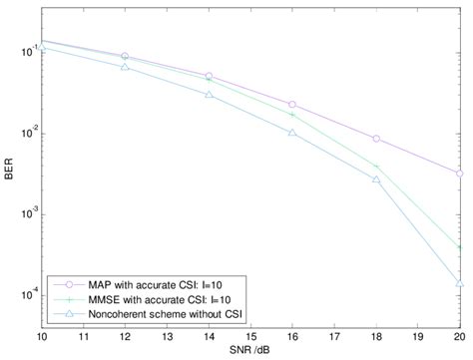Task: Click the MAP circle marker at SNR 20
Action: [x=460, y=174]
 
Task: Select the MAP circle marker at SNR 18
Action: [x=376, y=139]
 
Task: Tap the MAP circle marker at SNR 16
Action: [x=292, y=105]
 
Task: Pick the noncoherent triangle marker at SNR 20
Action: [x=460, y=283]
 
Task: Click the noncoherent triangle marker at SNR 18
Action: [x=376, y=180]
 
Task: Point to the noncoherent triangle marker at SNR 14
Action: [x=209, y=94]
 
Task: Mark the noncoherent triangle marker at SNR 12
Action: [x=125, y=66]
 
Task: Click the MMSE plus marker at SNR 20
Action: [x=460, y=246]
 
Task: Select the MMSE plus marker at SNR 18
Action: [x=376, y=167]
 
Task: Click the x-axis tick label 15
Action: [x=250, y=337]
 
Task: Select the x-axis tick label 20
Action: [x=459, y=337]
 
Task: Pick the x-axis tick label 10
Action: [x=42, y=337]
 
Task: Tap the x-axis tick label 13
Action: [x=167, y=337]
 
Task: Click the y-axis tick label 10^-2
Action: [x=26, y=134]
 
